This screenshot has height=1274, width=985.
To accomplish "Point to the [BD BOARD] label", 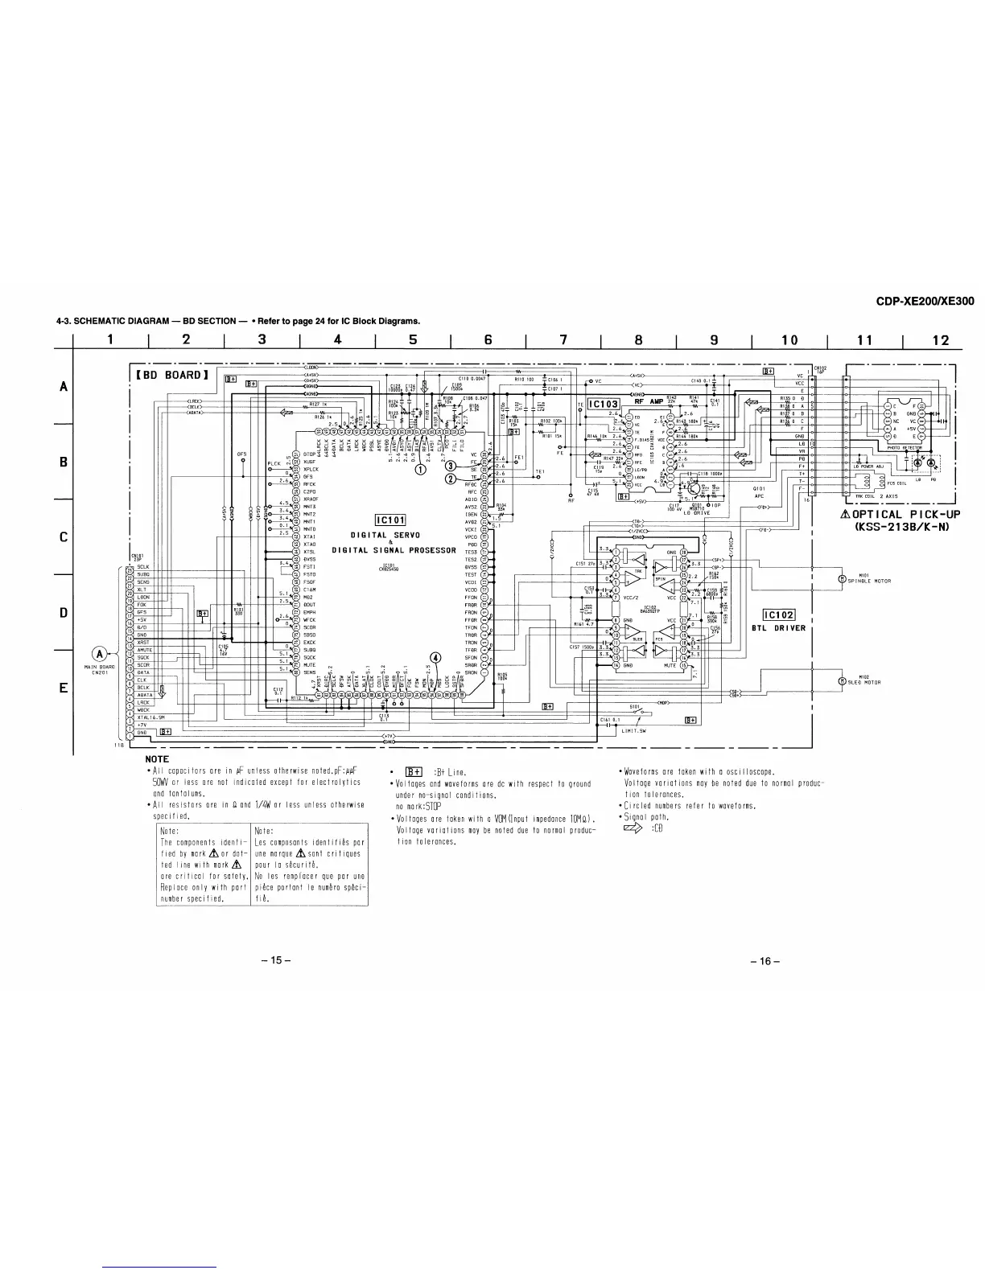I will (173, 375).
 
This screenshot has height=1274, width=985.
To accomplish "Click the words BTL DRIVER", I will (778, 628).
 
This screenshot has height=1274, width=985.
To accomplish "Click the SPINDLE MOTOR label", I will (870, 581).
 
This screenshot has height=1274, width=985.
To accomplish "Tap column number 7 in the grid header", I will (563, 340).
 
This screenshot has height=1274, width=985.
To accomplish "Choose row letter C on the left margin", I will (64, 537).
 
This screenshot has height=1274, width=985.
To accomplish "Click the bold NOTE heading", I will (156, 759).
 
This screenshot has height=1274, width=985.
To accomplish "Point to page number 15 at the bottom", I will (274, 961).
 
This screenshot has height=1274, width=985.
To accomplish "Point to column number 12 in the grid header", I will (940, 340).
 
